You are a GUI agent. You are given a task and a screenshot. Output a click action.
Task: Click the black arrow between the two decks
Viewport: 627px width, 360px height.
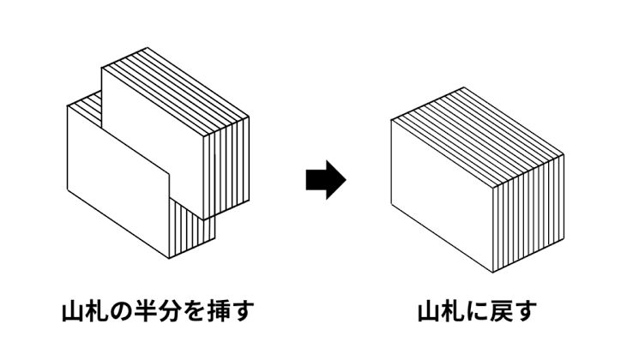pyautogui.click(x=326, y=180)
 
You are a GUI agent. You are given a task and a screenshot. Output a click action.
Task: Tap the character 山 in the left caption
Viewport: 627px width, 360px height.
pyautogui.click(x=73, y=311)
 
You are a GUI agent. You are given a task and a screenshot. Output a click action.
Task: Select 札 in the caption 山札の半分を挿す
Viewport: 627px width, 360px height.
pyautogui.click(x=97, y=311)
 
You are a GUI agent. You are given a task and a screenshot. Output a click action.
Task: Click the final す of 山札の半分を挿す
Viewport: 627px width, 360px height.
pyautogui.click(x=242, y=311)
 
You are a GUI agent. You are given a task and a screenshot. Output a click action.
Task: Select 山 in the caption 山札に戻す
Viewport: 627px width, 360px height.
pyautogui.click(x=429, y=312)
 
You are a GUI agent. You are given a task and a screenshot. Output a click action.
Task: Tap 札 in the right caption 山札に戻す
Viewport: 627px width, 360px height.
pyautogui.click(x=453, y=311)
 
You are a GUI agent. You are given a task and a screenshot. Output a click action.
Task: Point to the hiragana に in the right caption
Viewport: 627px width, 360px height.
pyautogui.click(x=477, y=312)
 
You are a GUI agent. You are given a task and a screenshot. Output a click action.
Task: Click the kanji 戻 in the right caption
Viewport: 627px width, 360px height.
pyautogui.click(x=501, y=311)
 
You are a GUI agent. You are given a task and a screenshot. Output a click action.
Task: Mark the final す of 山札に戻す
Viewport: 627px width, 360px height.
pyautogui.click(x=525, y=312)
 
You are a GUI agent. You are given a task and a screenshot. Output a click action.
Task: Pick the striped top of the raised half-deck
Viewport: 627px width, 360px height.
pyautogui.click(x=176, y=93)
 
